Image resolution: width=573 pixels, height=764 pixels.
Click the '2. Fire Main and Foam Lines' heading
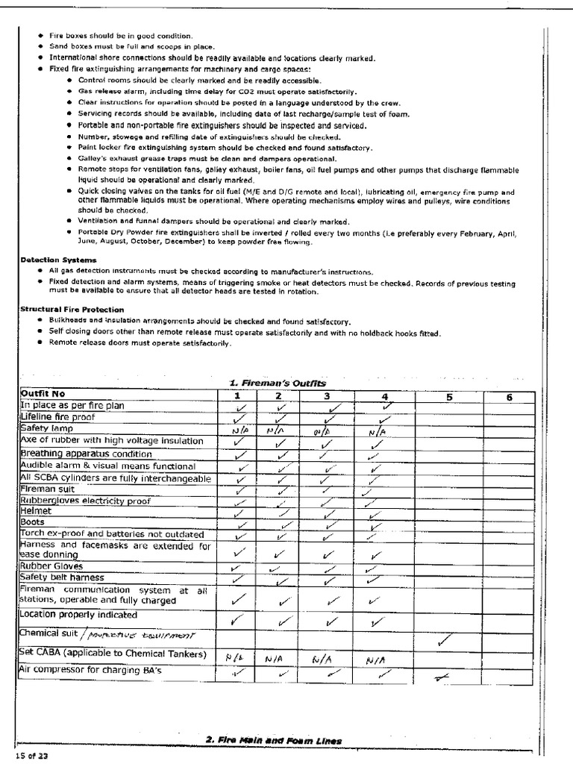click(274, 740)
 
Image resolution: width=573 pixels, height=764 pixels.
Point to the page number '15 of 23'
click(32, 756)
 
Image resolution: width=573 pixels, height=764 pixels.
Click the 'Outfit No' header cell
click(44, 395)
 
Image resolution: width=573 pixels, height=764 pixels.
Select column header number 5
click(449, 397)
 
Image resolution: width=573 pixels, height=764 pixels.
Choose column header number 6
click(509, 397)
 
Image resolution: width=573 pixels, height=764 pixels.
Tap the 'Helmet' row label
click(36, 511)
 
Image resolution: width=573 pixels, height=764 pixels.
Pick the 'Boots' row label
click(33, 522)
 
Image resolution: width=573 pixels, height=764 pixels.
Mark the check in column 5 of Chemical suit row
click(445, 639)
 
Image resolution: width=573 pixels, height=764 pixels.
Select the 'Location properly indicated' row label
click(78, 615)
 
